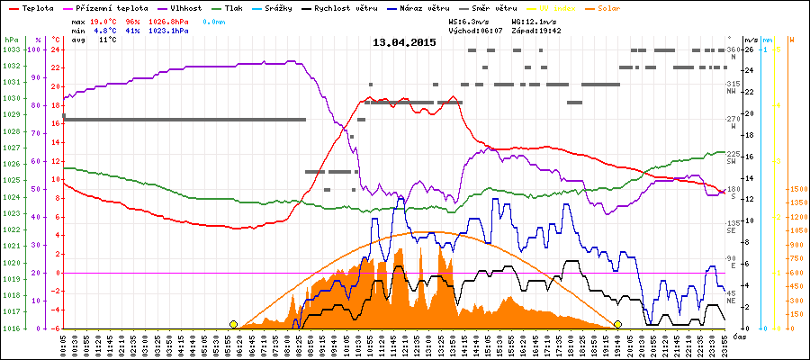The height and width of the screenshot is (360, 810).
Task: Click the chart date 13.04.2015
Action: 404,42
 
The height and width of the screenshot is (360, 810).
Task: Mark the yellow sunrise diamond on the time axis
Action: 233,324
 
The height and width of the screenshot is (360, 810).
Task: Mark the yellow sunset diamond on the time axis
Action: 617,324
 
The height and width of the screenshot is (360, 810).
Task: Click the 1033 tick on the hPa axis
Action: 11,49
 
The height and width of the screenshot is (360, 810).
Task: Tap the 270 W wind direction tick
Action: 732,120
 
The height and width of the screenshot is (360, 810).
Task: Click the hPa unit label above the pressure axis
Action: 11,40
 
